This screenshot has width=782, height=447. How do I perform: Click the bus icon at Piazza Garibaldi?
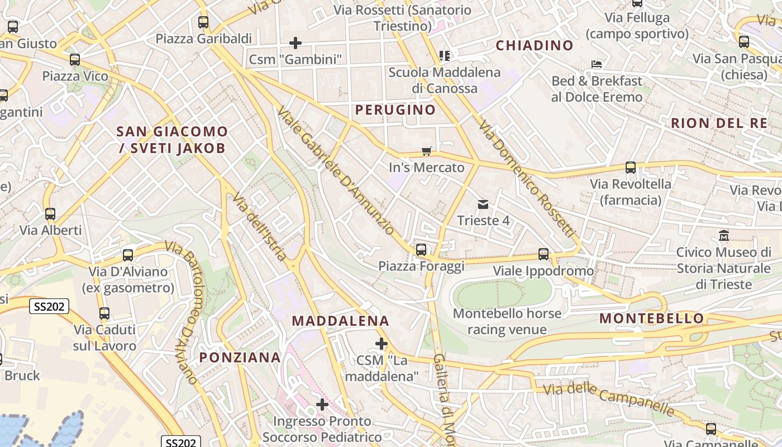[x=203, y=22]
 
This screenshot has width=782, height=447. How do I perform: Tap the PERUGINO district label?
[x=395, y=110]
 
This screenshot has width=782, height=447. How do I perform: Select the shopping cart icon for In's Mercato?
[x=427, y=151]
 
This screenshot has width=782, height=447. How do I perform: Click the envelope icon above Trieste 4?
[x=483, y=205]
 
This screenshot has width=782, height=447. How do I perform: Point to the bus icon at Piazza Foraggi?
[x=421, y=249]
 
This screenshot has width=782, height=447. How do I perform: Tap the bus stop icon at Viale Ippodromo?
[x=543, y=254]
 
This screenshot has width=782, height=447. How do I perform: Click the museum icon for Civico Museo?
[x=724, y=236]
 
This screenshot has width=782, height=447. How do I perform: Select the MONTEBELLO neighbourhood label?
[x=651, y=319]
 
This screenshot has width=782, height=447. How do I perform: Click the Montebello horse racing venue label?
[x=507, y=321]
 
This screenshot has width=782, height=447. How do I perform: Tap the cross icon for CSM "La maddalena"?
[x=382, y=343]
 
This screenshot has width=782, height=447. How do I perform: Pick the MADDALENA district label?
[x=340, y=321]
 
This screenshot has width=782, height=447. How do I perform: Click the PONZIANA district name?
[x=240, y=358]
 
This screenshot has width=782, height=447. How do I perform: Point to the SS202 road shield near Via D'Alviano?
[x=49, y=306]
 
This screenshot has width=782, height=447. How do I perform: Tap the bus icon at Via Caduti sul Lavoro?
[x=104, y=313]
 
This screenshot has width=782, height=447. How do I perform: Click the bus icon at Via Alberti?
[x=50, y=213]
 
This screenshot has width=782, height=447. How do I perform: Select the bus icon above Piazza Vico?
[x=75, y=60]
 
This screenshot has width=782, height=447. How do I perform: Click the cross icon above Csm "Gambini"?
[x=295, y=42]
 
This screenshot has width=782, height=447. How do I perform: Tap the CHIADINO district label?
[x=535, y=45]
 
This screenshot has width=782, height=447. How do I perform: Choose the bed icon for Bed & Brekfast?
[x=597, y=64]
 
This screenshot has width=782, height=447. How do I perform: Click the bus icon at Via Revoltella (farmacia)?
[x=631, y=167]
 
